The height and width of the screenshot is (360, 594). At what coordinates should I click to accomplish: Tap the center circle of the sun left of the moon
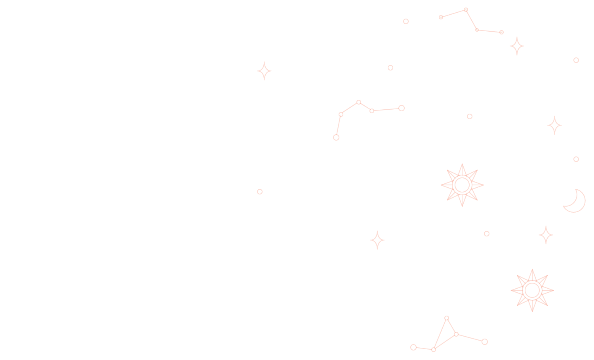tap(462, 185)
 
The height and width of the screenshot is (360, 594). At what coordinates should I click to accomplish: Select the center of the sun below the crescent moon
tap(532, 290)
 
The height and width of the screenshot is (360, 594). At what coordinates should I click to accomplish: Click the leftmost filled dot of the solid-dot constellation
tap(441, 17)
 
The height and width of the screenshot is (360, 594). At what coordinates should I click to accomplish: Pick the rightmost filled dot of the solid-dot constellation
tap(501, 32)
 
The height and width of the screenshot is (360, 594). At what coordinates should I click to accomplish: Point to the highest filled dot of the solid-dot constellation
tap(466, 10)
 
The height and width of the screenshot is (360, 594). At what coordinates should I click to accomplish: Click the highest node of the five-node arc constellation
tap(358, 102)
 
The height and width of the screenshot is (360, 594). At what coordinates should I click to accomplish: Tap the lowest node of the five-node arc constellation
tap(336, 137)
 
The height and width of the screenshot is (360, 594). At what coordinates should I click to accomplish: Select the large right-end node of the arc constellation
tap(402, 108)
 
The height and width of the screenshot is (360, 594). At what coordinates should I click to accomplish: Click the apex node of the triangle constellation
tap(447, 318)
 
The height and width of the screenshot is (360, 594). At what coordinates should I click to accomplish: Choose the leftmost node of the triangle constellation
tap(413, 347)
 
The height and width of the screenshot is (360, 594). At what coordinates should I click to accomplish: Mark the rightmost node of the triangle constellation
tap(485, 342)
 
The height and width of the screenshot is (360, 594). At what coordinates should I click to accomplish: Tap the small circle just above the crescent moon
tap(576, 159)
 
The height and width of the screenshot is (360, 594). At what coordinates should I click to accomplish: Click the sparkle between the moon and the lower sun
tap(546, 235)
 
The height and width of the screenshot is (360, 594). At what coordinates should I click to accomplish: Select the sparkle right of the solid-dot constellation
tap(517, 46)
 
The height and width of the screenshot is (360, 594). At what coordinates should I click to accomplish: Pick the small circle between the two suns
tap(487, 234)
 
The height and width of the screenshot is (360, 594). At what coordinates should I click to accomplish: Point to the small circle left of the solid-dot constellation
tap(406, 21)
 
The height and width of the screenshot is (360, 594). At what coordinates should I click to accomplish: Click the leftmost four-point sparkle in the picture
tap(264, 71)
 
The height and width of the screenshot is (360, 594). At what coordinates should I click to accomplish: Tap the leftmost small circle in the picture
tap(260, 192)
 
